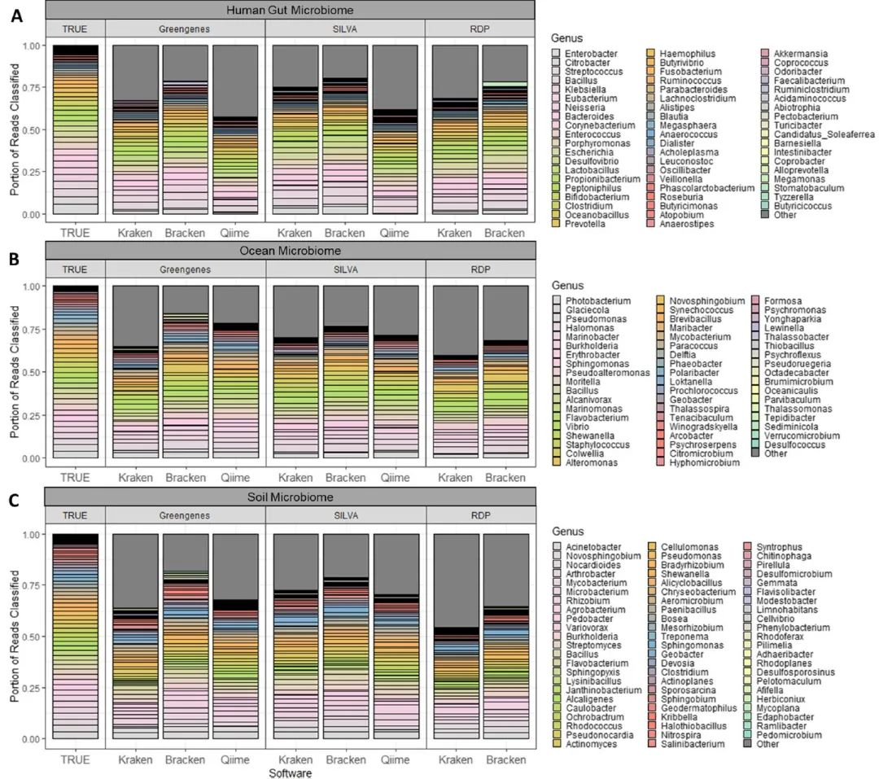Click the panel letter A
click(15, 15)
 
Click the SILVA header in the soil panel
click(344, 516)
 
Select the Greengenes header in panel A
click(185, 28)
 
